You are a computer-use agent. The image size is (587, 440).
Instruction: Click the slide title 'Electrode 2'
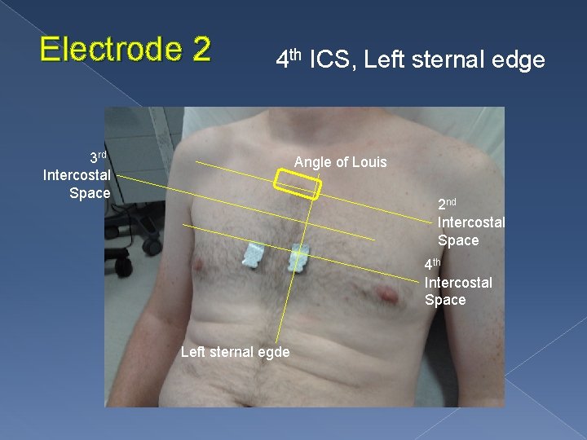tap(125, 50)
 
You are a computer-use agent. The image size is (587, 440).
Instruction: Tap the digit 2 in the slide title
tap(201, 50)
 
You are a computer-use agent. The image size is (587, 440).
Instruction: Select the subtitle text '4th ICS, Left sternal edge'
tap(410, 59)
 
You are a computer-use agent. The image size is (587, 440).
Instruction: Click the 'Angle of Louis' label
tap(340, 162)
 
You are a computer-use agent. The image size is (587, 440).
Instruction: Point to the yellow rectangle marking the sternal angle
tap(297, 183)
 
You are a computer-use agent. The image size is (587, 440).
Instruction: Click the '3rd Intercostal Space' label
tap(77, 174)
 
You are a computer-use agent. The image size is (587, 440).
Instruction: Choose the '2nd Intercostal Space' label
tap(470, 222)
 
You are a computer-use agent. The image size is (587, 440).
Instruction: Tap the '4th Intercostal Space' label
tap(457, 282)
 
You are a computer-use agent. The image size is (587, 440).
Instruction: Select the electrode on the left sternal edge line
tap(298, 257)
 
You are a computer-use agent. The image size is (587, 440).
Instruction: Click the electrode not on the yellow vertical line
tap(254, 256)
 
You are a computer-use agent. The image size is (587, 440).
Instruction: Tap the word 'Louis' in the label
tap(369, 162)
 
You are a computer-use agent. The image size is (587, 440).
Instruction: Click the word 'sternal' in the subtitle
tap(452, 59)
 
